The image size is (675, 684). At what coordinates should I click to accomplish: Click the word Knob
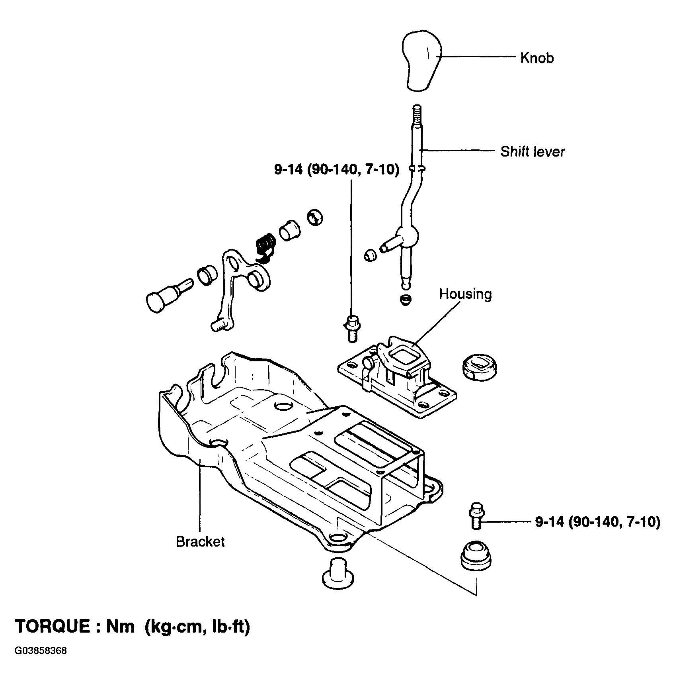pos(537,58)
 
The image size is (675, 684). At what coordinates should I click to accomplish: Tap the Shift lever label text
pos(533,152)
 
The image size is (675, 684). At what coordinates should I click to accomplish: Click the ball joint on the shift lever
pos(408,236)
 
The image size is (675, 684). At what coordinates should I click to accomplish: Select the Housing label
pos(465,294)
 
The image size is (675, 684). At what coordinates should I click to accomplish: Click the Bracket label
pos(200,541)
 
